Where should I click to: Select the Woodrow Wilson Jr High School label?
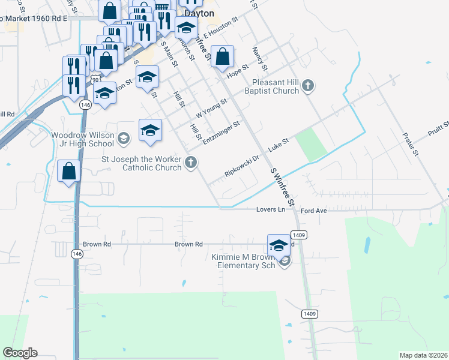[82, 139]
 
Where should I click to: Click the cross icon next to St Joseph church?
[191, 162]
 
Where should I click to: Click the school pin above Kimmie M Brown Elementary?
[279, 245]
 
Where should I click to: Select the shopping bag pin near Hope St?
[222, 58]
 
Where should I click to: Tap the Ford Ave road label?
[313, 211]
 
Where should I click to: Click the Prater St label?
[411, 145]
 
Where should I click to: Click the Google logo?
[20, 353]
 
